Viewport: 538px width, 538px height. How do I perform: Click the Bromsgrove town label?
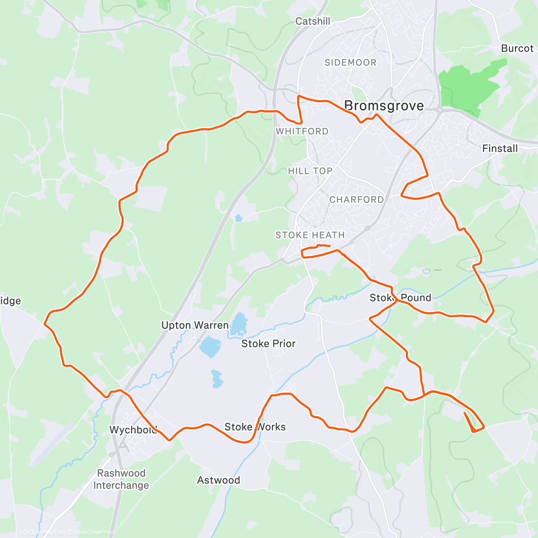click(384, 106)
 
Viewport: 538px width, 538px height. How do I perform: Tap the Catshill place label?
click(313, 21)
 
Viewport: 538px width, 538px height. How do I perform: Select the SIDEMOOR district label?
click(351, 62)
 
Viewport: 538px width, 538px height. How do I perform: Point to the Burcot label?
click(517, 48)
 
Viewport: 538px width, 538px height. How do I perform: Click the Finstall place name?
click(500, 148)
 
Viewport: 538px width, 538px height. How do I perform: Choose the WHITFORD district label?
click(302, 131)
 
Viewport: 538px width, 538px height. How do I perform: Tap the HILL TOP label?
click(310, 171)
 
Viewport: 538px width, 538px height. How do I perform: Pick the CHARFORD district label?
click(356, 200)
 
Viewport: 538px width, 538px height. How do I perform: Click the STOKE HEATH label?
click(310, 235)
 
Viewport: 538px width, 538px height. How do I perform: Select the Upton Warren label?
click(195, 325)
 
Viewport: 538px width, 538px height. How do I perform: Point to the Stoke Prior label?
click(269, 343)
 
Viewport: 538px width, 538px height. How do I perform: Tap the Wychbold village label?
click(133, 430)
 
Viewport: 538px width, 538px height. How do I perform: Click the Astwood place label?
click(219, 480)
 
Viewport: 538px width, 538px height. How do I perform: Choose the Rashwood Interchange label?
click(121, 479)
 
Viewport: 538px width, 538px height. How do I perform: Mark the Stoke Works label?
click(255, 427)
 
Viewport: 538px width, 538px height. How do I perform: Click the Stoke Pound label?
click(400, 298)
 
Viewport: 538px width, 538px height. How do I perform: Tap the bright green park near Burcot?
click(466, 85)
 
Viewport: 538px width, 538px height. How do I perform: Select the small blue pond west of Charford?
click(238, 218)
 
